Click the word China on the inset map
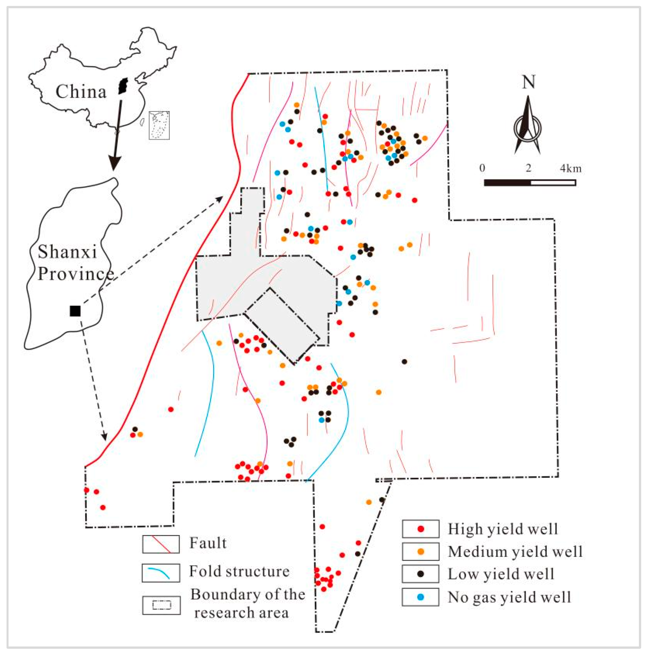[81, 91]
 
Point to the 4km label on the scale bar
[571, 168]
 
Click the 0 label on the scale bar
[482, 168]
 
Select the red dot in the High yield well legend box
[421, 529]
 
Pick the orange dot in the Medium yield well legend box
[421, 552]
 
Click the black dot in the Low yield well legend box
[421, 574]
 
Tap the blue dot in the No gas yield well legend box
[421, 597]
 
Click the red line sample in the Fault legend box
[161, 545]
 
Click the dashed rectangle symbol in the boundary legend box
[161, 605]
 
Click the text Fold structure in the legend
[239, 571]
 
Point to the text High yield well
[502, 529]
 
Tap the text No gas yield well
[509, 597]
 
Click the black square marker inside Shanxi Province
[75, 311]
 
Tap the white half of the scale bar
[553, 183]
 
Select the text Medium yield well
[515, 552]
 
